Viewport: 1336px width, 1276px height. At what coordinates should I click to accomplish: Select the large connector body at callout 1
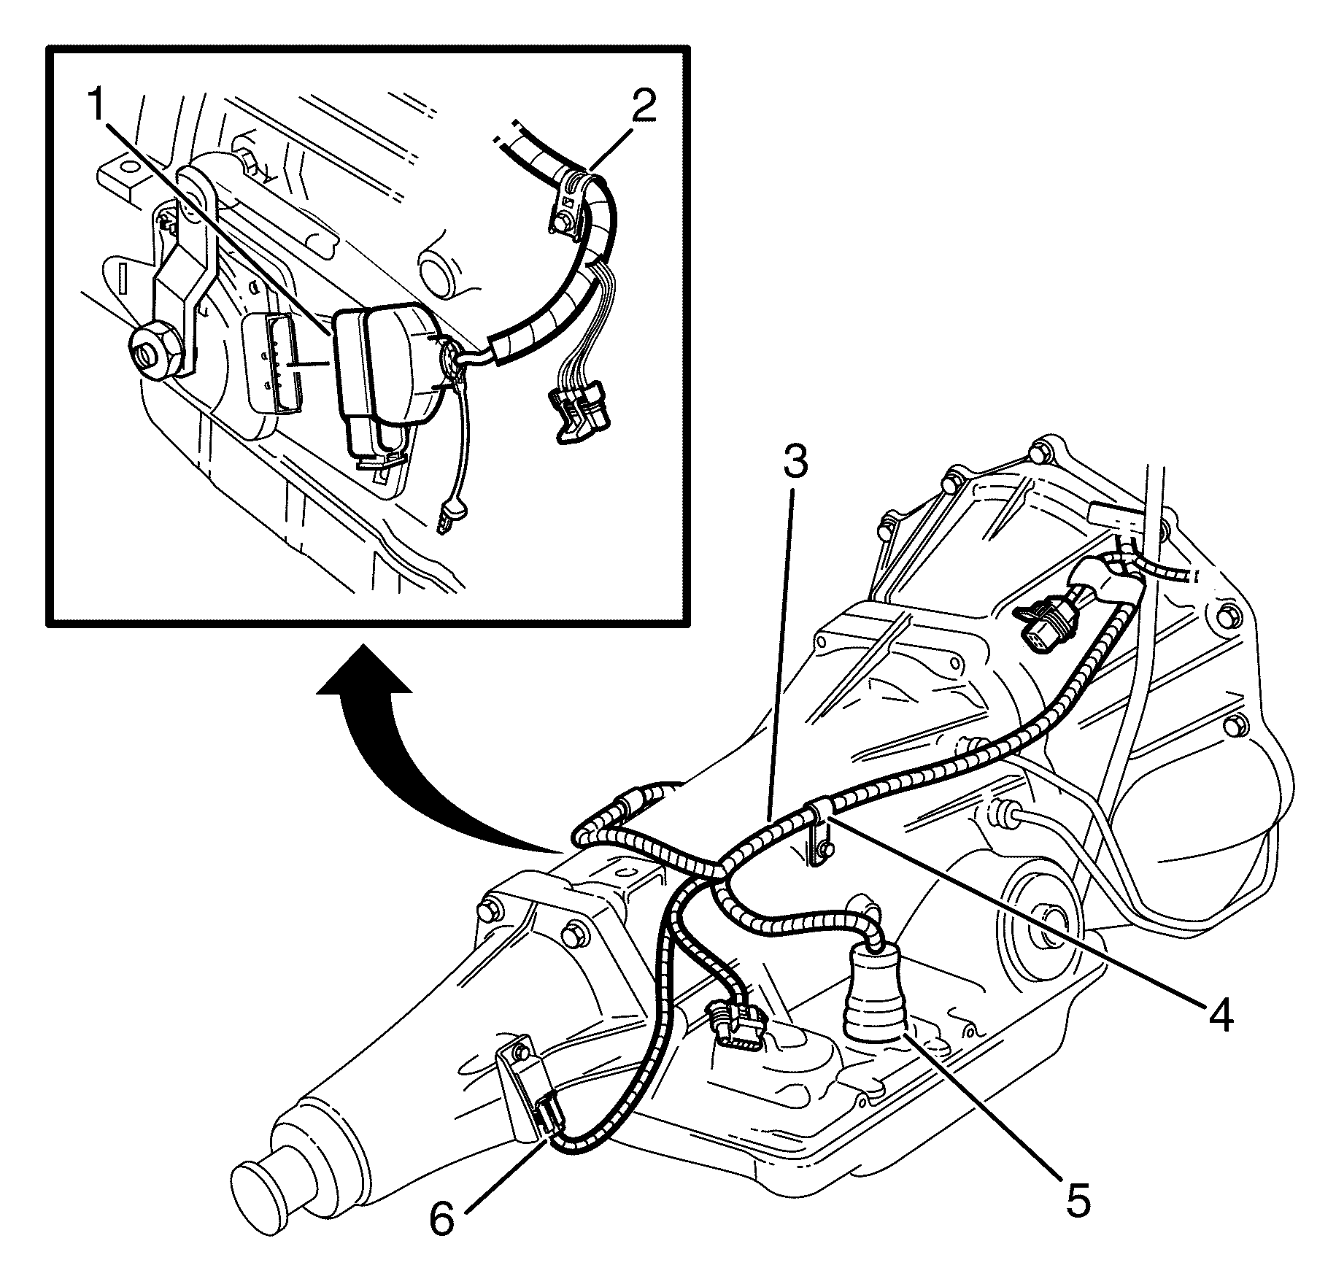coord(383,372)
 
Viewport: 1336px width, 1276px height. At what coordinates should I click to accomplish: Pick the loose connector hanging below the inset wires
coord(581,414)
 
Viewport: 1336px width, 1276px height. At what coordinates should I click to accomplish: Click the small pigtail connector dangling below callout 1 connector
coord(449,516)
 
